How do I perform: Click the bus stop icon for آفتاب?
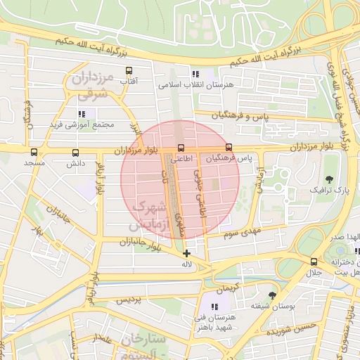[129, 71]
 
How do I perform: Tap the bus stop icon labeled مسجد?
[34, 152]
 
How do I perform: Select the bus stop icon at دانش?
[75, 152]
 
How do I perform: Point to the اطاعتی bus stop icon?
[182, 148]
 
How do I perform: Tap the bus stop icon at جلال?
[314, 261]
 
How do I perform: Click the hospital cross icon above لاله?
[186, 253]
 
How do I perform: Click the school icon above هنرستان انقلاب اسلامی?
[195, 73]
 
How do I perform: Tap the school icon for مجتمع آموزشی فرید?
[82, 113]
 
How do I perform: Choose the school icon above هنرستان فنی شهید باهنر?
[214, 307]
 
